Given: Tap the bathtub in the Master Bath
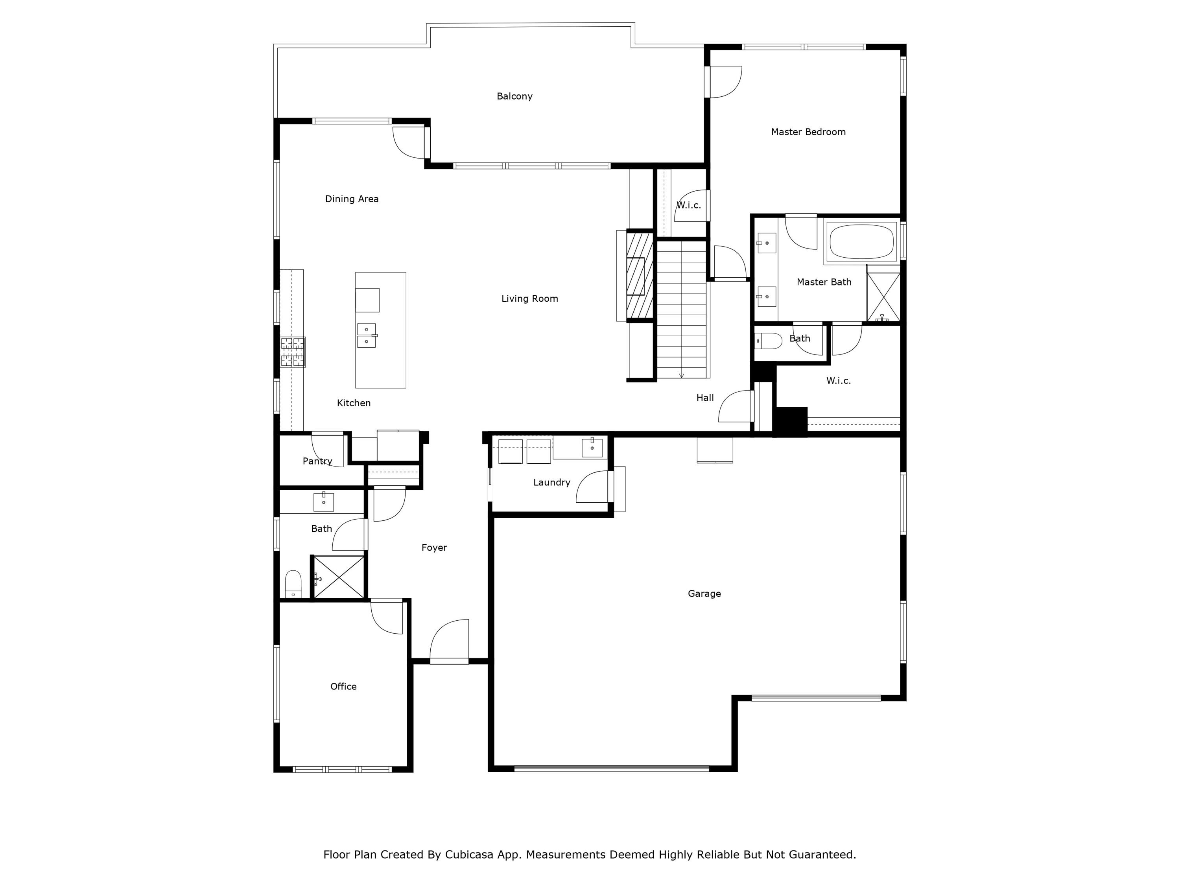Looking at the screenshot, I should pyautogui.click(x=861, y=242).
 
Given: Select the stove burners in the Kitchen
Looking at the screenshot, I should pyautogui.click(x=293, y=352).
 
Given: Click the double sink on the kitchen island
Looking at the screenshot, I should pyautogui.click(x=367, y=336).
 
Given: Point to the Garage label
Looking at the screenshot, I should pyautogui.click(x=704, y=593).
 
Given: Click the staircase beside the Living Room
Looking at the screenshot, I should pyautogui.click(x=681, y=310).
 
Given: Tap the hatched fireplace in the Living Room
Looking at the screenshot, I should pyautogui.click(x=639, y=276).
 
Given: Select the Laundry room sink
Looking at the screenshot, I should pyautogui.click(x=592, y=448).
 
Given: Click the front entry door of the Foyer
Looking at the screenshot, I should pyautogui.click(x=449, y=642).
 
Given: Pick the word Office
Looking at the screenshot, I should pyautogui.click(x=343, y=686).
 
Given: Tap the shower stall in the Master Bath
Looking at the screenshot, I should pyautogui.click(x=883, y=297).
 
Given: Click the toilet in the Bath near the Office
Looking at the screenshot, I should pyautogui.click(x=293, y=584).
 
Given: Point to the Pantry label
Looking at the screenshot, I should pyautogui.click(x=317, y=461).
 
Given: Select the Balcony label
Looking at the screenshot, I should pyautogui.click(x=514, y=96).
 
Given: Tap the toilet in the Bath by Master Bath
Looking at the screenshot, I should pyautogui.click(x=768, y=340).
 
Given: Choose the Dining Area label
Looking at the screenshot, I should pyautogui.click(x=352, y=199).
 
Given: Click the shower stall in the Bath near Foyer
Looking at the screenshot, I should pyautogui.click(x=339, y=577).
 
